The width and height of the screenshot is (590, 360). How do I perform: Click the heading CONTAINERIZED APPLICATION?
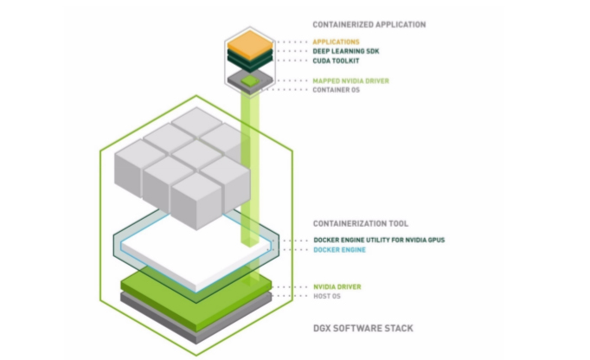pyautogui.click(x=369, y=24)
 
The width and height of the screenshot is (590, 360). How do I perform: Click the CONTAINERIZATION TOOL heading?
pyautogui.click(x=361, y=222)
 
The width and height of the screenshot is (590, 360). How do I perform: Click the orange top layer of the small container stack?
pyautogui.click(x=249, y=42)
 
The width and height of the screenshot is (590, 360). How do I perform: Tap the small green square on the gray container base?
pyautogui.click(x=249, y=80)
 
